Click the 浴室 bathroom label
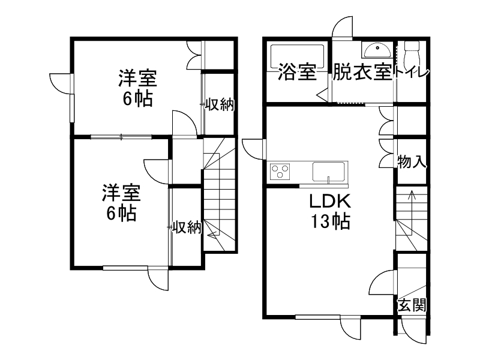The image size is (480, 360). coord(297,72)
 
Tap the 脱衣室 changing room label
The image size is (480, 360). coord(362,72)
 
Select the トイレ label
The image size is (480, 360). coord(411,73)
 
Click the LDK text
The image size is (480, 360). coord(330,201)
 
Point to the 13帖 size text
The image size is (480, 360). coord(331,221)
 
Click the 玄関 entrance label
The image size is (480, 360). coord(412,305)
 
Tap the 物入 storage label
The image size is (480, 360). coord(412,161)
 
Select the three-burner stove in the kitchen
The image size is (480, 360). coord(280,171)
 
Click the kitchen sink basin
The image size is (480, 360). coord(328,172)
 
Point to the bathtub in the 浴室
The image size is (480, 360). coord(297,57)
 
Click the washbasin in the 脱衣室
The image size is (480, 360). coord(377,50)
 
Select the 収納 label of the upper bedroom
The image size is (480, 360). coord(219,104)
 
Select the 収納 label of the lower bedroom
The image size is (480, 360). coord(187,227)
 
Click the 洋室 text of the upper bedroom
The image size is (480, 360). coord(138,79)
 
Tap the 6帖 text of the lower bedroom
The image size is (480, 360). coord(122,213)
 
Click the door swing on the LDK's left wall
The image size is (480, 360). coord(253,149)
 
